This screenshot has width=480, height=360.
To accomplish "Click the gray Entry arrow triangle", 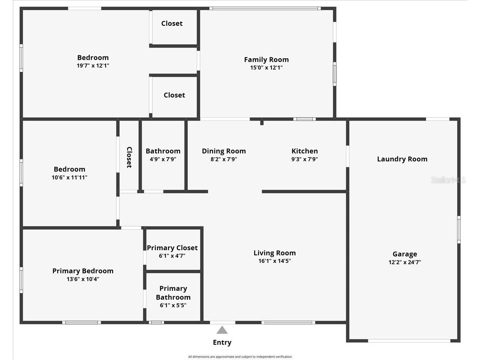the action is tap(222, 330).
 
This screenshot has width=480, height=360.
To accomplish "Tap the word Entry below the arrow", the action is tap(222, 343).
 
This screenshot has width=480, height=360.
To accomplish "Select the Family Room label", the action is tap(266, 60).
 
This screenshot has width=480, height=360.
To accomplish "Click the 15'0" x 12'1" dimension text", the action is tap(266, 67).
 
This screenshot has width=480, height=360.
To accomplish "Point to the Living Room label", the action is tap(275, 253).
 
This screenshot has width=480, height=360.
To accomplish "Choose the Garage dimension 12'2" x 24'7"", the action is tap(405, 262).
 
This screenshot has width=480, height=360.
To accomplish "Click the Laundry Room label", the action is tap(402, 159).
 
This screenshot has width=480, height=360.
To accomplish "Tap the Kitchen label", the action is tap(305, 151).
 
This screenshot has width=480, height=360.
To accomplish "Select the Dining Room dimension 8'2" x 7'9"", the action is tap(224, 159).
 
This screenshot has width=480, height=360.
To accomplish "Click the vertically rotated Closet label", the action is tap(129, 157).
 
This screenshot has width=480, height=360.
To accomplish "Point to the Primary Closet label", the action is tap(172, 248).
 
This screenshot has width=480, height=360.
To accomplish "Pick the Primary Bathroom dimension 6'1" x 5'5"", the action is tap(173, 305).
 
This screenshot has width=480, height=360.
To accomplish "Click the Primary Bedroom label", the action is tap(83, 271).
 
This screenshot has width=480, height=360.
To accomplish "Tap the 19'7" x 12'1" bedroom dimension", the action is tap(93, 65).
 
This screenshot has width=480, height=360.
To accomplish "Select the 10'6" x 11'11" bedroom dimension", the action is tap(69, 177).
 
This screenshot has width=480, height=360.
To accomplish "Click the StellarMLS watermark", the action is tap(448, 180).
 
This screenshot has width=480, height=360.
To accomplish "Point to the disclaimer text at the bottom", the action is tap(240, 357).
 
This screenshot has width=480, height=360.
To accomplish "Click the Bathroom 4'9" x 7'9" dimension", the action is tap(163, 159).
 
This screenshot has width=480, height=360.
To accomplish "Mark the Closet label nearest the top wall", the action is tap(172, 23).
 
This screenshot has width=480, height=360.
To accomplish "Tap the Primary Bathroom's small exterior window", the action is tap(156, 323).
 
